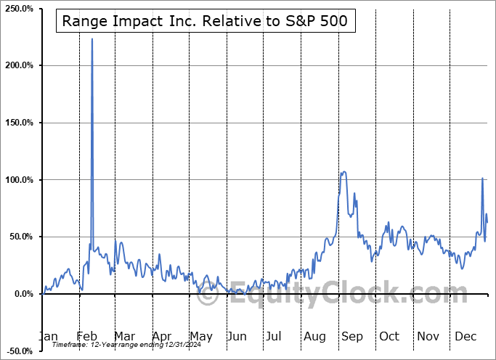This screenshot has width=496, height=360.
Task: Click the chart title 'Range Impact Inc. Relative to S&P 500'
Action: [206, 22]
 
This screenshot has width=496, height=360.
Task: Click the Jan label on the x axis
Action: [47, 337]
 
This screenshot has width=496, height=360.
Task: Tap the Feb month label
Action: [86, 337]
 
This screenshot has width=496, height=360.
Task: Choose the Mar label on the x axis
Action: [124, 337]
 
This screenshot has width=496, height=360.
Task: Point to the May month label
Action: [201, 337]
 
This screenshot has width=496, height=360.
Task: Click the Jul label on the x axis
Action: [274, 337]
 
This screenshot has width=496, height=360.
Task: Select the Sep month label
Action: [352, 337]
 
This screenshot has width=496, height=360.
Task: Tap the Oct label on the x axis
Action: [389, 337]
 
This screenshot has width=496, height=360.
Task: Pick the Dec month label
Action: [466, 337]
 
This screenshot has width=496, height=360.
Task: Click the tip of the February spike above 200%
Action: [92, 39]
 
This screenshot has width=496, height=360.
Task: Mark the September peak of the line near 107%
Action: [343, 172]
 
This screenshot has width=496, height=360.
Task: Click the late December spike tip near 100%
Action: [482, 178]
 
